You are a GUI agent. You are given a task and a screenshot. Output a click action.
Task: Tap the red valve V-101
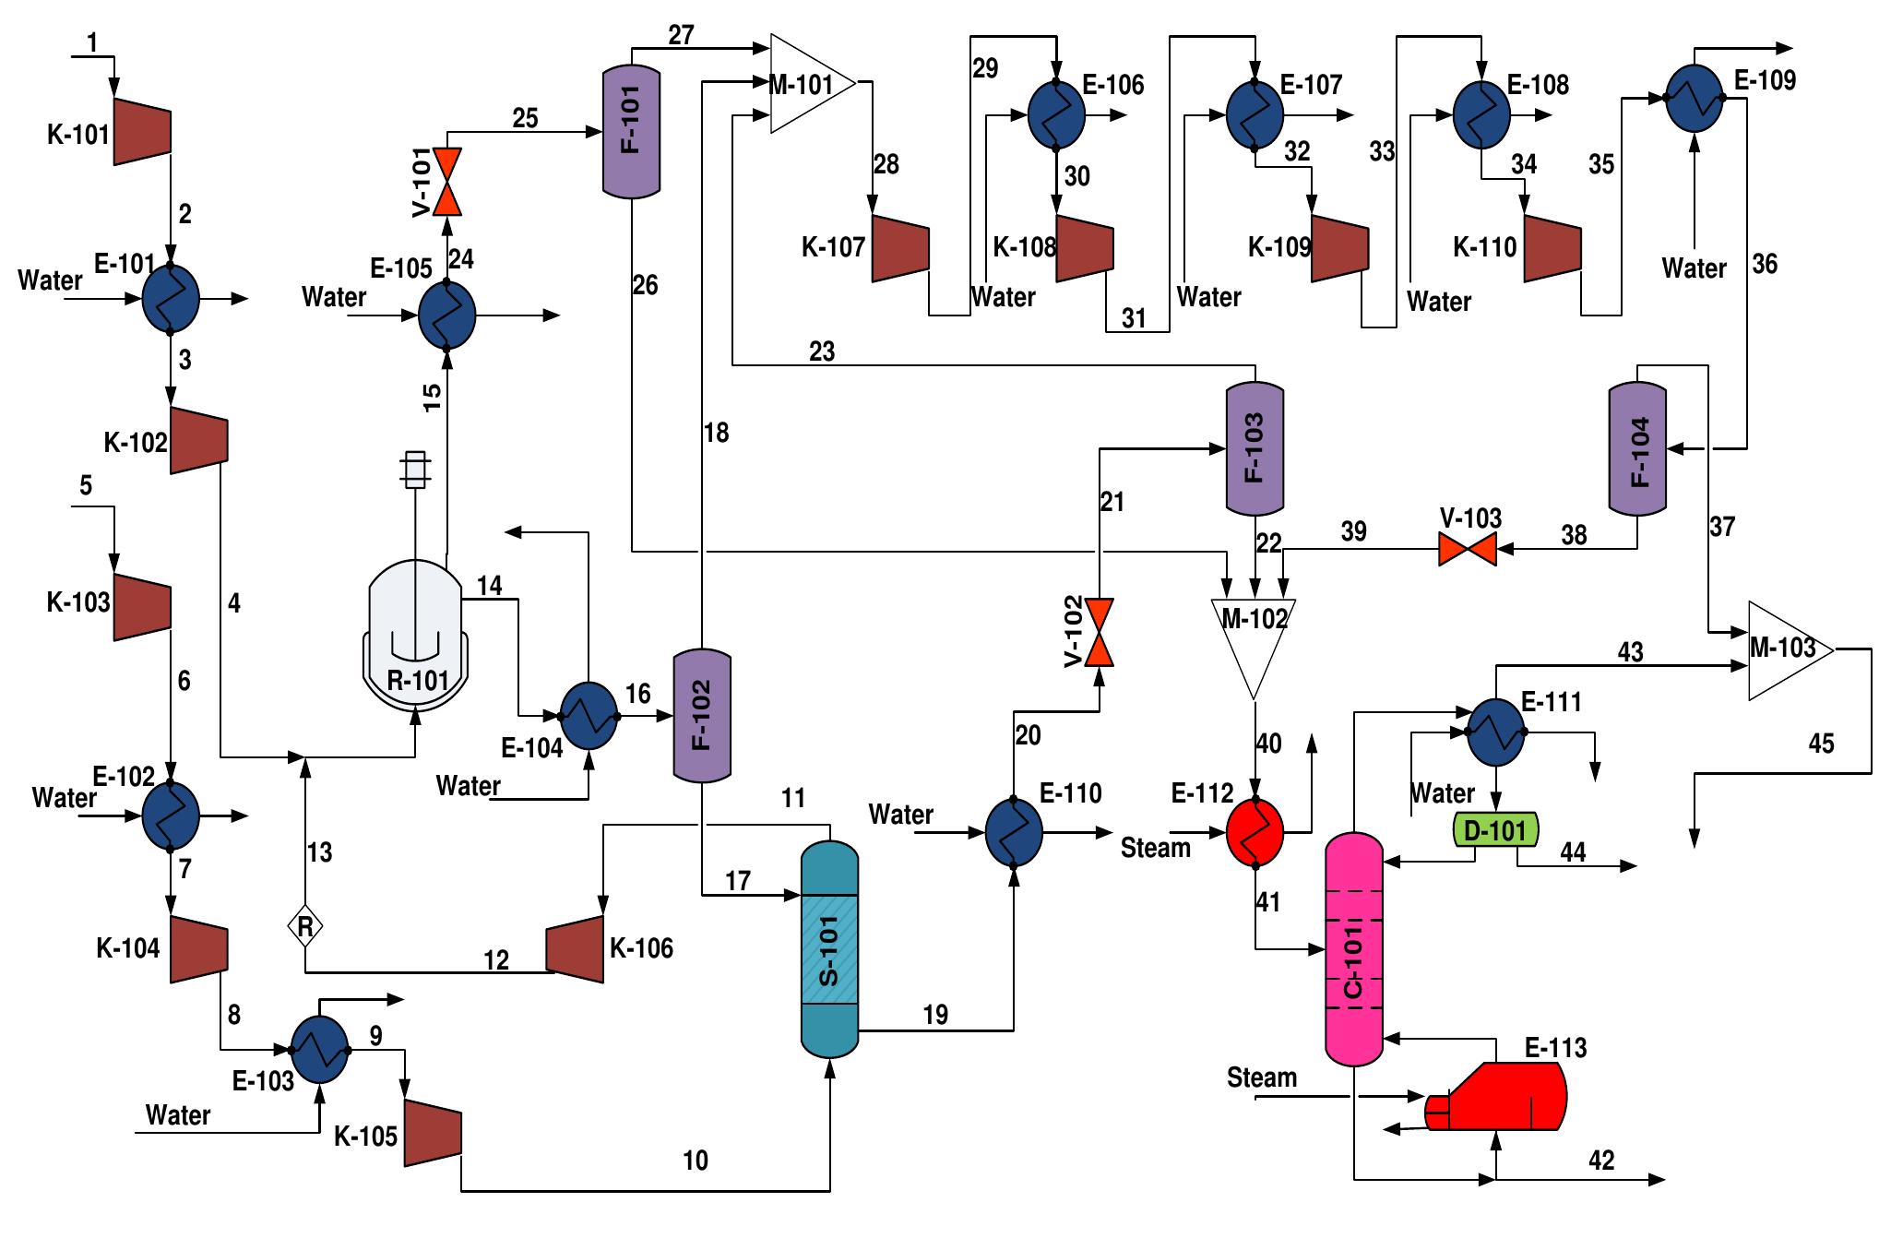pyautogui.click(x=448, y=182)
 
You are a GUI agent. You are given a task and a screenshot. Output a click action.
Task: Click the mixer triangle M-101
pyautogui.click(x=807, y=84)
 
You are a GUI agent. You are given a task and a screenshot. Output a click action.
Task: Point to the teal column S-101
pyautogui.click(x=829, y=950)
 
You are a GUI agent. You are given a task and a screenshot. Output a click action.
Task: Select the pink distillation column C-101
pyautogui.click(x=1354, y=950)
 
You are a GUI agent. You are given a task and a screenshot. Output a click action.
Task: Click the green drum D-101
pyautogui.click(x=1495, y=830)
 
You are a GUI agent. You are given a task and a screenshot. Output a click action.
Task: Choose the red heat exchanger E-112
pyautogui.click(x=1255, y=830)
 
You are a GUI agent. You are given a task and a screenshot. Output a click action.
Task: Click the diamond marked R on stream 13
pyautogui.click(x=305, y=925)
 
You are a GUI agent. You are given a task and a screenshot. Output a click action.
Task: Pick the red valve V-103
pyautogui.click(x=1469, y=550)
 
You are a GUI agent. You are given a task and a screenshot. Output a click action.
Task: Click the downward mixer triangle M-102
pyautogui.click(x=1254, y=641)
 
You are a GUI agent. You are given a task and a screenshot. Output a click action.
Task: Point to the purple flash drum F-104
pyautogui.click(x=1637, y=450)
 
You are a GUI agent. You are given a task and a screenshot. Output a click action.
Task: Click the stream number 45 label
pyautogui.click(x=1821, y=744)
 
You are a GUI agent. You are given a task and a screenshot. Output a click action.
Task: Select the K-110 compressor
pyautogui.click(x=1552, y=247)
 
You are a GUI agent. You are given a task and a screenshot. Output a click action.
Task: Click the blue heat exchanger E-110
pyautogui.click(x=1014, y=831)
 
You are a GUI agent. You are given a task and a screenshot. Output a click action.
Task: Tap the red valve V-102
pyautogui.click(x=1099, y=633)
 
